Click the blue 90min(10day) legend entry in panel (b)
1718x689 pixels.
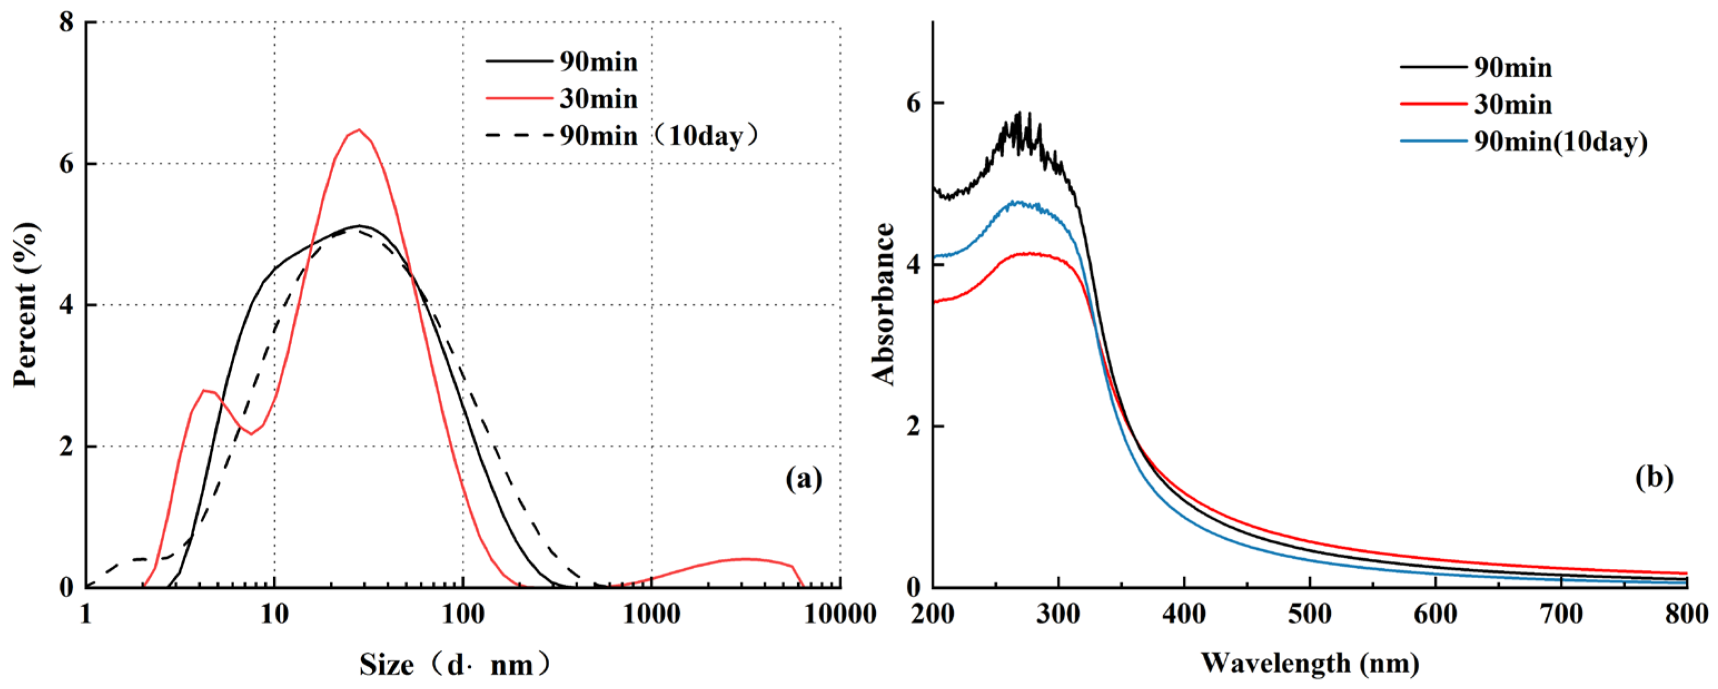pyautogui.click(x=1523, y=141)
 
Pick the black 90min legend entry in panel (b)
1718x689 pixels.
pyautogui.click(x=1476, y=67)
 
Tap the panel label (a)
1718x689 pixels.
pyautogui.click(x=804, y=478)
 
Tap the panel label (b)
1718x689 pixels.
pyautogui.click(x=1653, y=478)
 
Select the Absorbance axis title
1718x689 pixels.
pyautogui.click(x=883, y=304)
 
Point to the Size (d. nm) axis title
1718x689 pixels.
pyautogui.click(x=456, y=665)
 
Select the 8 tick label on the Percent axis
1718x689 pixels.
pyautogui.click(x=66, y=23)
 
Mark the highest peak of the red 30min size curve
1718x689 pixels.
pyautogui.click(x=359, y=129)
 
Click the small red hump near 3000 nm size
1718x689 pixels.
pyautogui.click(x=746, y=559)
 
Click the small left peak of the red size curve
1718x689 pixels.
pyautogui.click(x=205, y=390)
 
